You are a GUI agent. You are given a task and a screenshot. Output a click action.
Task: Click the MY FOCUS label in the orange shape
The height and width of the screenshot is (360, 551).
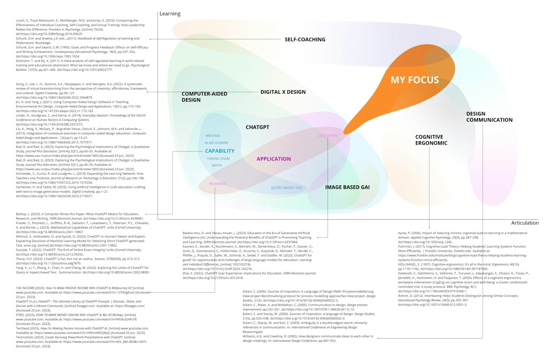point(415,80)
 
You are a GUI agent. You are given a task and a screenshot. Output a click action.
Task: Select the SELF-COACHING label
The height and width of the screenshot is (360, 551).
point(305,40)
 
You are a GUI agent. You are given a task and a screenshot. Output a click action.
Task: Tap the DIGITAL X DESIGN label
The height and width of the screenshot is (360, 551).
point(283,92)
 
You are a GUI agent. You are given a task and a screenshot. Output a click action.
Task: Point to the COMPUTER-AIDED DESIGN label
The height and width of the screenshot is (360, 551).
point(204,97)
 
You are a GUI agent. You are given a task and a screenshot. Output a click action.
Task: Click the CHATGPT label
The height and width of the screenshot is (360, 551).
point(257,127)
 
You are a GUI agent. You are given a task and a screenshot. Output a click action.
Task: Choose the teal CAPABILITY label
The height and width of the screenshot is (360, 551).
point(220,151)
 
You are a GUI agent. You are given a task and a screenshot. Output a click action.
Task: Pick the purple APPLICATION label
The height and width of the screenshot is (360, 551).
point(273,159)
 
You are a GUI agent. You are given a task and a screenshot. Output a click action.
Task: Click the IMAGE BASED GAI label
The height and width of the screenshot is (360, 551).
point(347,187)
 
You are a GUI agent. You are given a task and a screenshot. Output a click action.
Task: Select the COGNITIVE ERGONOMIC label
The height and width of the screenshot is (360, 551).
point(431,140)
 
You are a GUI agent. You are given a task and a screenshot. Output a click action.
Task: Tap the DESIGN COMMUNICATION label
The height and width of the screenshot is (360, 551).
point(489,117)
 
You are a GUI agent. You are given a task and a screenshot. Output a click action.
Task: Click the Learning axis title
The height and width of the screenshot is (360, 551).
point(170,14)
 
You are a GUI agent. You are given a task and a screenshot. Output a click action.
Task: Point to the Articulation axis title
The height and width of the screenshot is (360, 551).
point(524,223)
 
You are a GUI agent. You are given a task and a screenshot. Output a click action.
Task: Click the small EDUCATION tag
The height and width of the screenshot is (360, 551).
point(328,136)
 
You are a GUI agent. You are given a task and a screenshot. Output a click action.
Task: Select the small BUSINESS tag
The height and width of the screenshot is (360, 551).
point(217,184)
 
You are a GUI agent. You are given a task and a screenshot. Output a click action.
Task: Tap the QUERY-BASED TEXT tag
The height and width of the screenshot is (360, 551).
point(287,188)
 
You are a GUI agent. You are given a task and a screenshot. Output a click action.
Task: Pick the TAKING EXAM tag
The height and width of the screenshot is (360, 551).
point(218,159)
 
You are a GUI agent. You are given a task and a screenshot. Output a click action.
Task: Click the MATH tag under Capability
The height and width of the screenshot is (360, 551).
point(217,165)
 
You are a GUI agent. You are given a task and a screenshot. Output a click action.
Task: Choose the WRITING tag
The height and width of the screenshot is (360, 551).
point(212,136)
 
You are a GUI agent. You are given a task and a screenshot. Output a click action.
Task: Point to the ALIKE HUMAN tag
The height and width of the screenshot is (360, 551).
point(216,143)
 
